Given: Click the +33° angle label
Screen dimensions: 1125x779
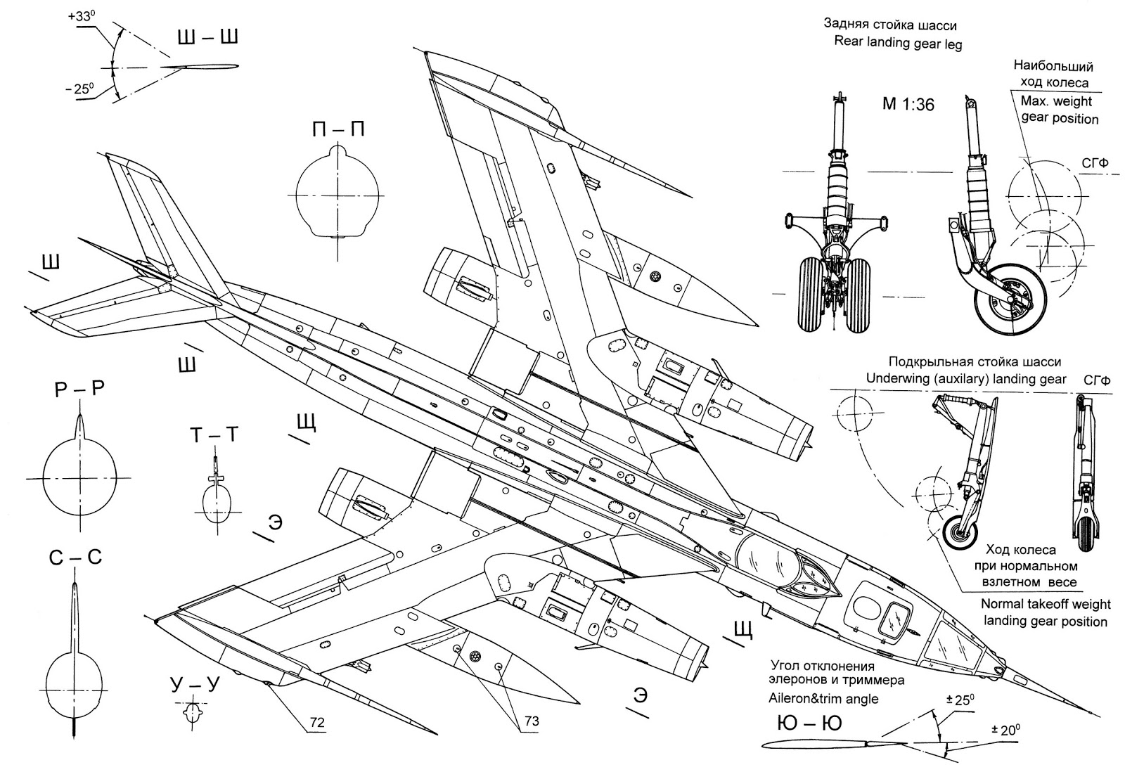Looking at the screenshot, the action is tap(82, 16).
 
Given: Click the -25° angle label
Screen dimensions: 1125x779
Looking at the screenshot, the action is tap(80, 89).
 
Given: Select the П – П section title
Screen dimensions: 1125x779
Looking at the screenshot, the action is tap(338, 129).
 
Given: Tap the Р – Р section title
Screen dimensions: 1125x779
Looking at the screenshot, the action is tap(79, 389).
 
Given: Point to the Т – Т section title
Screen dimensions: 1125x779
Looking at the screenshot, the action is tap(214, 435).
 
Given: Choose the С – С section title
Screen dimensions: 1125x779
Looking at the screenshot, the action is tap(75, 558).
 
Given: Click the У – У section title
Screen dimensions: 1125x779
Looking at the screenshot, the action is tap(195, 685).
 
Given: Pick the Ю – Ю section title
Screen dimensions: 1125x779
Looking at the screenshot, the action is tap(809, 723).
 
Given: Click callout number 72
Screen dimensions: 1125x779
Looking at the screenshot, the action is tap(317, 722).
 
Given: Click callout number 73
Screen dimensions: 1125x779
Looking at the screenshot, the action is tap(532, 721).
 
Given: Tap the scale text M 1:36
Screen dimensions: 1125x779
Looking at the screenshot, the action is tap(908, 104).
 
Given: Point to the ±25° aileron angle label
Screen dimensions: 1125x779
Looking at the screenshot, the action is tap(960, 700).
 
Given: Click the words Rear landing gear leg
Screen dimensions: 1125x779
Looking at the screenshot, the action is tap(898, 43).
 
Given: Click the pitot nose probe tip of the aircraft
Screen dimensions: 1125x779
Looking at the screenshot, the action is tap(1096, 713).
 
